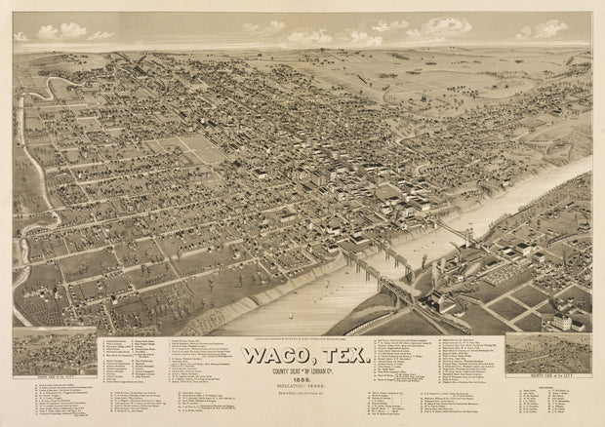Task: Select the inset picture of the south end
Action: (x=55, y=352)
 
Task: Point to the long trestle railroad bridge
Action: (x=381, y=268)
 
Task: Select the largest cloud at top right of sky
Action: (x=444, y=26)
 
